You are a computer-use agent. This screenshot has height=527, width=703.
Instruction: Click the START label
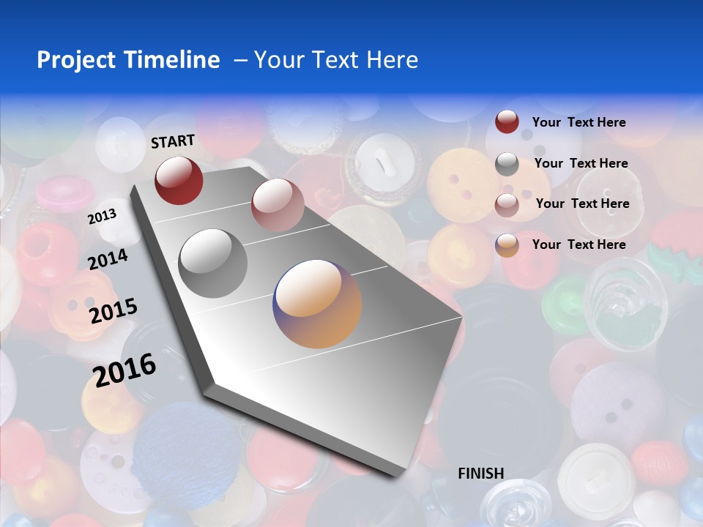(173, 141)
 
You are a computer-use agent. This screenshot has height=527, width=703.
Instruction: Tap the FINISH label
(480, 474)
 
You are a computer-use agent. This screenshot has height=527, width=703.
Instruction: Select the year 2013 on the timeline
(102, 216)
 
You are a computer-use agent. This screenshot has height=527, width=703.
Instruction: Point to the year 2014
(108, 259)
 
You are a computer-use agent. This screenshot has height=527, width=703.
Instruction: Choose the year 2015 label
(113, 311)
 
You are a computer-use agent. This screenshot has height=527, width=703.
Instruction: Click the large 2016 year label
(124, 370)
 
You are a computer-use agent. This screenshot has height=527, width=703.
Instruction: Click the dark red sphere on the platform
(179, 180)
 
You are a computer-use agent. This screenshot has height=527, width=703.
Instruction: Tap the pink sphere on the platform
(277, 204)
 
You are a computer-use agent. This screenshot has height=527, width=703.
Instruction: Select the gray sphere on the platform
(213, 263)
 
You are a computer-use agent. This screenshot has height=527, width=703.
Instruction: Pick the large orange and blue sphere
(317, 303)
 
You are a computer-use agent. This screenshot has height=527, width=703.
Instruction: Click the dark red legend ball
(507, 122)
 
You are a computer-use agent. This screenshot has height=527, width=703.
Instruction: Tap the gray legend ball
(507, 164)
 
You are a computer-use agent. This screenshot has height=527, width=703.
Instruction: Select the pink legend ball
(507, 205)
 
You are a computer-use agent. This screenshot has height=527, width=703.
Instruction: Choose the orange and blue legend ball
(507, 245)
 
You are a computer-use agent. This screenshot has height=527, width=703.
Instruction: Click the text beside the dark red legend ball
(579, 122)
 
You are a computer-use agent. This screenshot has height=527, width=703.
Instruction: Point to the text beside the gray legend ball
(581, 163)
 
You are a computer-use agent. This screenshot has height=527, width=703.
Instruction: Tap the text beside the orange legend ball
(579, 244)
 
